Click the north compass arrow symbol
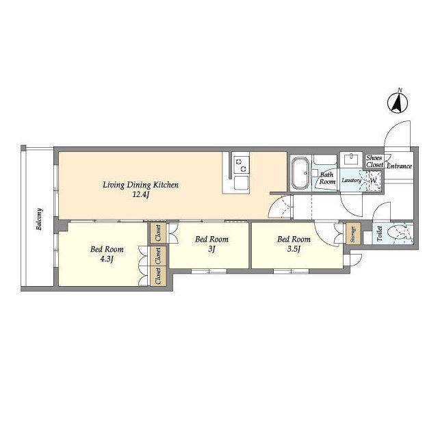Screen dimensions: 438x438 click(x=398, y=102)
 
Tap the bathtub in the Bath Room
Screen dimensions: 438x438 click(x=300, y=172)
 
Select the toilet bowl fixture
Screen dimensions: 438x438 click(x=398, y=233)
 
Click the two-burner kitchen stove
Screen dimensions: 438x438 click(x=241, y=165)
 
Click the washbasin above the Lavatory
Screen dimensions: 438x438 click(x=350, y=159)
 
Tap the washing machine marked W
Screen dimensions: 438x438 click(x=374, y=181)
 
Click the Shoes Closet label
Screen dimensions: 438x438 click(x=374, y=162)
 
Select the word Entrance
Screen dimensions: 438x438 click(x=399, y=166)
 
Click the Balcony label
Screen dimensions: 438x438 click(x=40, y=219)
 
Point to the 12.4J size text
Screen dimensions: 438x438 click(x=141, y=194)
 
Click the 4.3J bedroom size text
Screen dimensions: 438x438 click(x=107, y=259)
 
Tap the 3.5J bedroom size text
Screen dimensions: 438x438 click(x=294, y=249)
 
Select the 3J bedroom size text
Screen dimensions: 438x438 click(x=211, y=249)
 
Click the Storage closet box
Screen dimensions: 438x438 click(x=353, y=234)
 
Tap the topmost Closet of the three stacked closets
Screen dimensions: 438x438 click(x=158, y=233)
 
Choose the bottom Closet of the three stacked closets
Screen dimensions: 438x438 click(x=158, y=276)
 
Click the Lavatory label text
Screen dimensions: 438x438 click(x=351, y=181)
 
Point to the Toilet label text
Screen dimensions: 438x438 click(x=379, y=233)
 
